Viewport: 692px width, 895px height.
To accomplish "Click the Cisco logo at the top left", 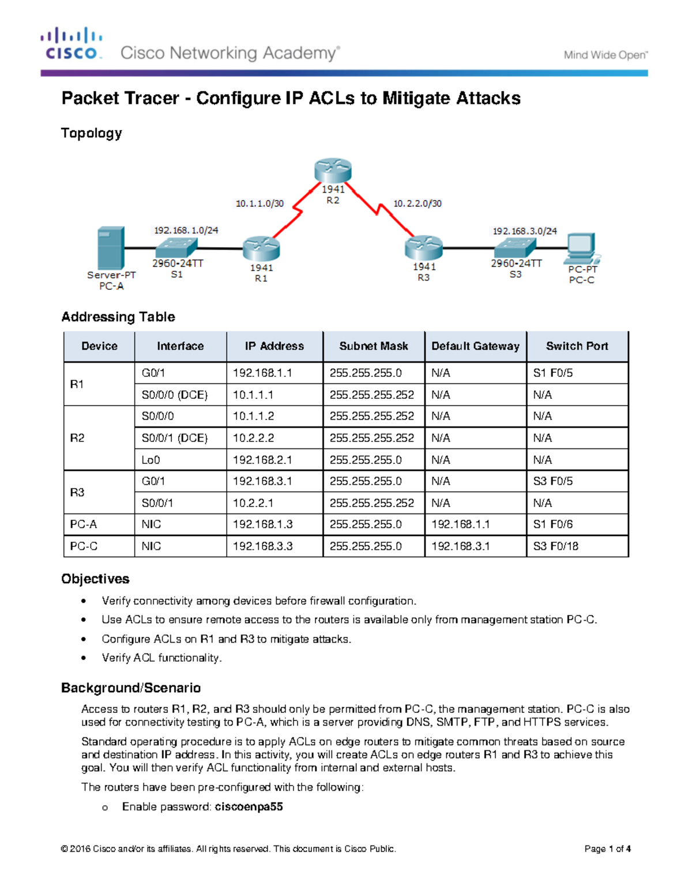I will pos(72,44).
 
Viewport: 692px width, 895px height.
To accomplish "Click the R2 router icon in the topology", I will pos(333,171).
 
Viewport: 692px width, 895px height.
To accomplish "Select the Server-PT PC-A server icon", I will pos(111,248).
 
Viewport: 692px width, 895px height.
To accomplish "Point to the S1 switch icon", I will pos(176,248).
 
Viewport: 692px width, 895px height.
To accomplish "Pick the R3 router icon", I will pos(423,248).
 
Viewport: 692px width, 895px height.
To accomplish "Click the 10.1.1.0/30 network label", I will pos(259,203).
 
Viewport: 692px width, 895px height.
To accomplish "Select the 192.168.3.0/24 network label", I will pos(524,231).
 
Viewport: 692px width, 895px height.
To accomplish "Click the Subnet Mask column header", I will pos(374,346).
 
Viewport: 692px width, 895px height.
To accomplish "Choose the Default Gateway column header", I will pos(475,346).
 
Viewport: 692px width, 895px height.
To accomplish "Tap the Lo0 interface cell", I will pos(151,460).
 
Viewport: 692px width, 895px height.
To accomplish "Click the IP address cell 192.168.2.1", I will pos(262,460).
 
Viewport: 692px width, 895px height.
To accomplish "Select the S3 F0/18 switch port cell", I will pos(555,546).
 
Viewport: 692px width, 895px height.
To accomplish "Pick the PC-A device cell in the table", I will pos(84,524).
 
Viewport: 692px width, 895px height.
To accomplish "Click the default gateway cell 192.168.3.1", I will pos(460,546).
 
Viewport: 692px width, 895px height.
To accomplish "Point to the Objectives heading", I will pos(95,579).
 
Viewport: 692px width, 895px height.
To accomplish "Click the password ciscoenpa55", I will pos(249,807).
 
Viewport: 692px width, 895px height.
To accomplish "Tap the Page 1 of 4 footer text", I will pos(607,849).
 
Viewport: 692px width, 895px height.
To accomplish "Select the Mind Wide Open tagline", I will pos(605,55).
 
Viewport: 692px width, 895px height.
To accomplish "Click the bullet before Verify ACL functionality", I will pos(84,658).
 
